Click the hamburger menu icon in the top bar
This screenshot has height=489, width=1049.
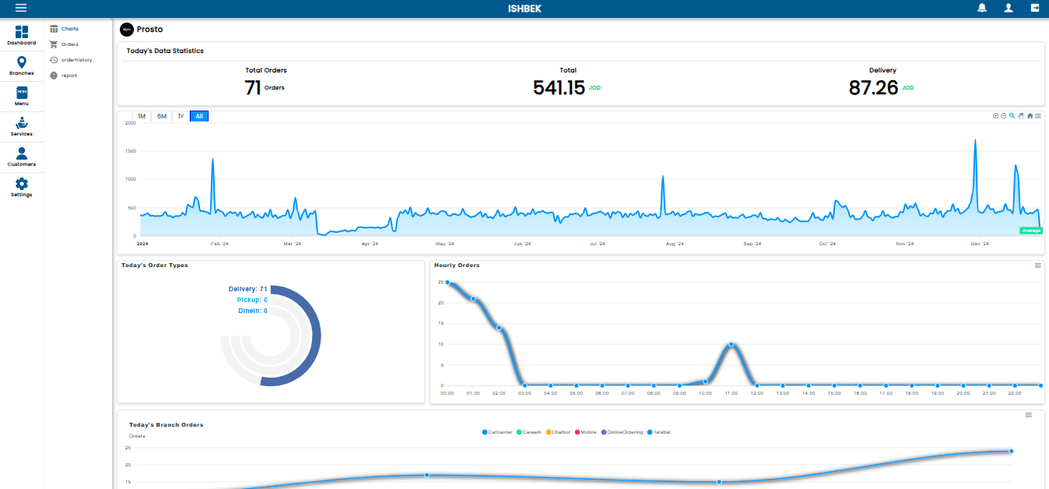(21, 8)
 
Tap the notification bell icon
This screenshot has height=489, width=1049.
(982, 8)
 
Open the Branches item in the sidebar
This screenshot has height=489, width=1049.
(22, 66)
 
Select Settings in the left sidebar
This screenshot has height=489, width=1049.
(22, 188)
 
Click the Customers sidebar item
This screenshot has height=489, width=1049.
(22, 157)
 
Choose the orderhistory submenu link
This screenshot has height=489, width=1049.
(76, 60)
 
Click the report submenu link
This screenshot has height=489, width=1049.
(68, 76)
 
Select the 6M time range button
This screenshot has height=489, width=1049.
(162, 117)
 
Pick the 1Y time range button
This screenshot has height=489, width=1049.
(181, 117)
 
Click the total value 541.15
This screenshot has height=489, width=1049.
(559, 88)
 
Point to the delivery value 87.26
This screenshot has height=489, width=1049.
(873, 88)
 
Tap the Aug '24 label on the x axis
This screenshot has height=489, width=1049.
(675, 244)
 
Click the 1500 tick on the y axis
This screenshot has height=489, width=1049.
(131, 151)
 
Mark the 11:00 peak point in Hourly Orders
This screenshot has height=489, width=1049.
(731, 344)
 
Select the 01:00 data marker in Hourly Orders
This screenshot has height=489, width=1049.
(473, 299)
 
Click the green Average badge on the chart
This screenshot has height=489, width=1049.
(1031, 230)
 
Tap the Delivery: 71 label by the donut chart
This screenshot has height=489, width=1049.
(247, 289)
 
